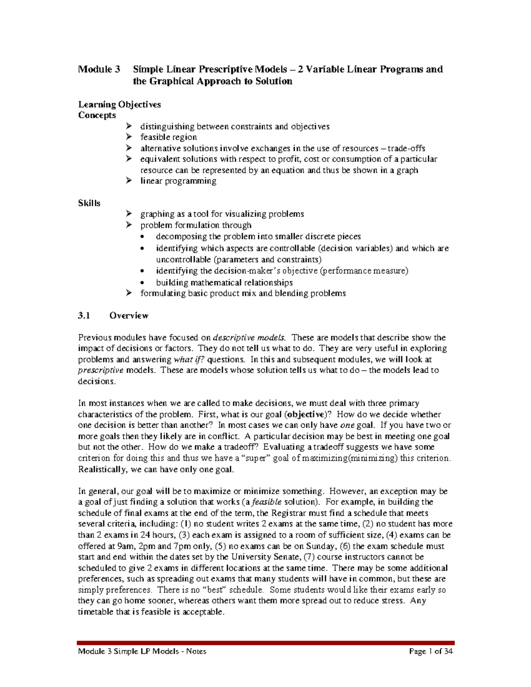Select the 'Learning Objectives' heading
(x=119, y=104)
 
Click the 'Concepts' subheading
(x=97, y=115)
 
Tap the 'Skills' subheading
(x=89, y=203)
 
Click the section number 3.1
(x=84, y=315)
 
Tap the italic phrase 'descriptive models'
(x=250, y=338)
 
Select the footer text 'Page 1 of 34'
(x=431, y=651)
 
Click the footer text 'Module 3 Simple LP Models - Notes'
(x=142, y=651)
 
